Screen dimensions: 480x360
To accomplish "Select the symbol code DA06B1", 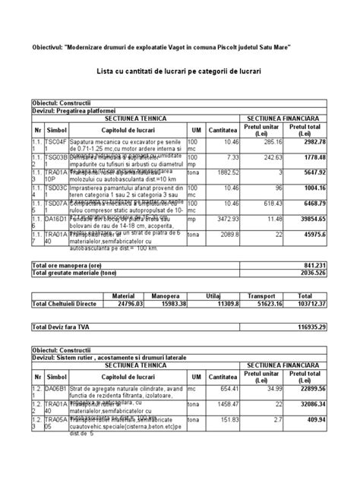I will (x=57, y=389).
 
